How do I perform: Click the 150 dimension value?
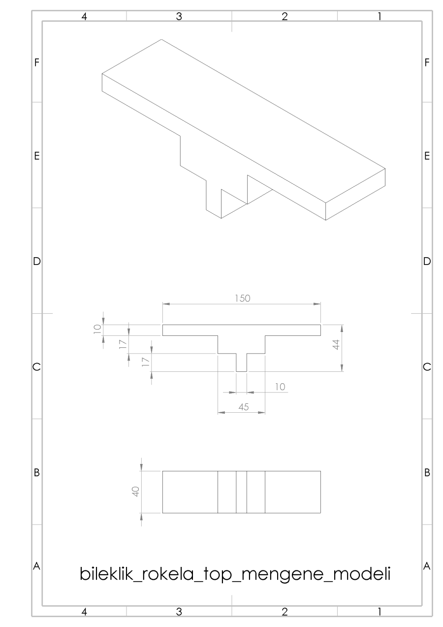tap(242, 298)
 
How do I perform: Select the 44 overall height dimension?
tap(337, 345)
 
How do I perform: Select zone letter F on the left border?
tap(36, 63)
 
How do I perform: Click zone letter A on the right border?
tap(427, 566)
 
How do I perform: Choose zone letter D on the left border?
tap(36, 262)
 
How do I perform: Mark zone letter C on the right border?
tap(427, 367)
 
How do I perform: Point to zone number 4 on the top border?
tap(84, 16)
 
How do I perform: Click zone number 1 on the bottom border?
tap(380, 611)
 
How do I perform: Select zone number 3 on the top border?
tap(179, 16)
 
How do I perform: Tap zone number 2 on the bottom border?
tap(284, 611)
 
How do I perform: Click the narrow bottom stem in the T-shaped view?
tap(241, 363)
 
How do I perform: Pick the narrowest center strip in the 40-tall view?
tap(241, 492)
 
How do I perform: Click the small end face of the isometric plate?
tap(355, 195)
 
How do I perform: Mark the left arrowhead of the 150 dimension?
tap(166, 304)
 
